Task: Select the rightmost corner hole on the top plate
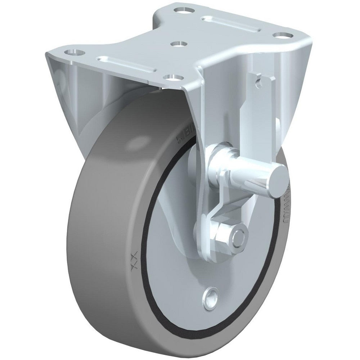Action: [285, 36]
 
